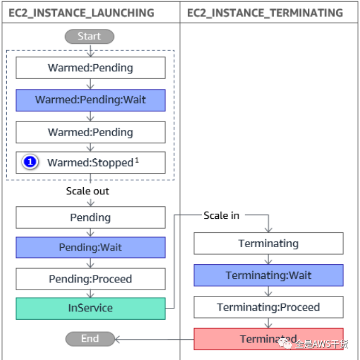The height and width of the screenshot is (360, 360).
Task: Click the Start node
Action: pos(89,36)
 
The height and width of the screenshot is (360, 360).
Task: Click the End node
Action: pos(89,339)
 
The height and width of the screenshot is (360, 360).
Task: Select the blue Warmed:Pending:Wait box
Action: pos(91,100)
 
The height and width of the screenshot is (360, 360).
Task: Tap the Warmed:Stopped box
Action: pos(91,162)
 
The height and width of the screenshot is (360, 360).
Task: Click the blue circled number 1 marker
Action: pos(30,162)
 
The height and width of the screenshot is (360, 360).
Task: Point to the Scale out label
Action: pos(87,191)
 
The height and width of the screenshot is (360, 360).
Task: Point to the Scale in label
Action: pos(221,215)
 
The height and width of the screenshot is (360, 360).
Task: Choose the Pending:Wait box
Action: pos(91,247)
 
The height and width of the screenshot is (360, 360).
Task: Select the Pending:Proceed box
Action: pos(91,279)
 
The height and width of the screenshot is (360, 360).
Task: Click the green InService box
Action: pos(91,308)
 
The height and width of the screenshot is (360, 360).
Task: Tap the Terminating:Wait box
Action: pos(268,275)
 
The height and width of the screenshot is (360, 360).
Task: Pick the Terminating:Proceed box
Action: pos(268,307)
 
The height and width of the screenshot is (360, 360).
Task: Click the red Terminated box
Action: pos(268,339)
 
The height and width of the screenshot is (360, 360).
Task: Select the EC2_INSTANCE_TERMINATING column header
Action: pos(265,12)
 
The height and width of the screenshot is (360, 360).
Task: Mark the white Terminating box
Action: pos(268,243)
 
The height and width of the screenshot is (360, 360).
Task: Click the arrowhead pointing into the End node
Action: pos(117,339)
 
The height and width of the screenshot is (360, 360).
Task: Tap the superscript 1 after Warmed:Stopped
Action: pos(137,159)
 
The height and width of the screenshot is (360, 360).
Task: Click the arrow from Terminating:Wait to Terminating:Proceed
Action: pos(268,291)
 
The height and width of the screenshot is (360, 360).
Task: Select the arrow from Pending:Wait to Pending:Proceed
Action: pos(91,263)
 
